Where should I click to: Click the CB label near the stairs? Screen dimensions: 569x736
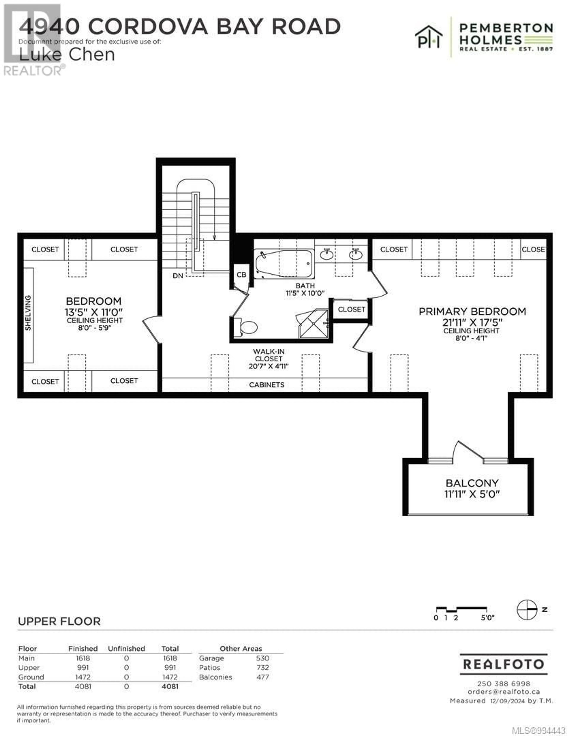tap(241, 275)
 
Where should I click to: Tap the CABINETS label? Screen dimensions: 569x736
tap(267, 385)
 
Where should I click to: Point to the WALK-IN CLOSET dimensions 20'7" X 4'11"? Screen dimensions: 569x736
tap(269, 366)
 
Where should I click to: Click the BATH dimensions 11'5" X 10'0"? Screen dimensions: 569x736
tap(305, 293)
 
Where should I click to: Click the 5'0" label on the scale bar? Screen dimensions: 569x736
tap(487, 618)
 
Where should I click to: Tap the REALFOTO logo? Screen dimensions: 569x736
tap(504, 664)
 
